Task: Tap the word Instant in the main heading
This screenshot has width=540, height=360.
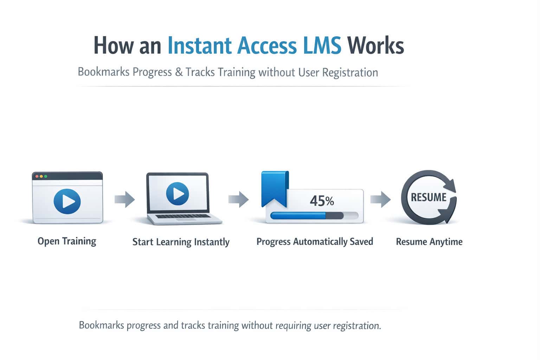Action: click(x=199, y=46)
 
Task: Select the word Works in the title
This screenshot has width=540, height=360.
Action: click(x=375, y=46)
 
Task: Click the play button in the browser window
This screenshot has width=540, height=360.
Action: click(x=67, y=201)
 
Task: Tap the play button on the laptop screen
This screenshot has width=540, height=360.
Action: click(x=178, y=194)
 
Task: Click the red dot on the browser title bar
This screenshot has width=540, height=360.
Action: click(x=37, y=176)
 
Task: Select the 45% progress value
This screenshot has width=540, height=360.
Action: click(x=322, y=201)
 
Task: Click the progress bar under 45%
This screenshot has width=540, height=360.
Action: click(x=314, y=216)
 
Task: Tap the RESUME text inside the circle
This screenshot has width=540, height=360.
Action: click(x=429, y=197)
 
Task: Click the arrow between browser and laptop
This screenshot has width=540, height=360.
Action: click(x=125, y=200)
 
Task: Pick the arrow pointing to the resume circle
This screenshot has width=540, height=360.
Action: click(x=380, y=199)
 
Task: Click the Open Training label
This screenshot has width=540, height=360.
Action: click(x=67, y=241)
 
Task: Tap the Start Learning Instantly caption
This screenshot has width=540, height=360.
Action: click(x=181, y=242)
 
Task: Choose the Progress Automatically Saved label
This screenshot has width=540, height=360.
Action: click(x=315, y=242)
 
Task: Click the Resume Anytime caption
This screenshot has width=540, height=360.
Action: click(x=429, y=242)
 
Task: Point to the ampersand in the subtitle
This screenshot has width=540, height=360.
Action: click(x=179, y=72)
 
